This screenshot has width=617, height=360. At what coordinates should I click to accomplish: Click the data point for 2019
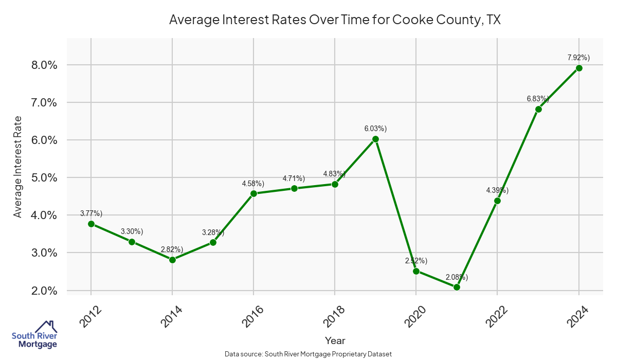[375, 139]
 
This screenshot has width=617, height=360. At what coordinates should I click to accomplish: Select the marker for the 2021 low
[457, 287]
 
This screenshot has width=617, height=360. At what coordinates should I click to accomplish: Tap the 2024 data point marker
[579, 68]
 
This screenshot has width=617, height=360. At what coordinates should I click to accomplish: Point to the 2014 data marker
[172, 260]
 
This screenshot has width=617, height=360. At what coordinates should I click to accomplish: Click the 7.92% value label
[579, 58]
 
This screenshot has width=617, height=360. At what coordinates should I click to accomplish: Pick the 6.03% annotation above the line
[376, 129]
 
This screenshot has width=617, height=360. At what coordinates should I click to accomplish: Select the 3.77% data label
[92, 213]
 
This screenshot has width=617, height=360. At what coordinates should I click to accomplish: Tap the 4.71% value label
[294, 178]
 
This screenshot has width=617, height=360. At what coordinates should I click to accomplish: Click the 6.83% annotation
[538, 98]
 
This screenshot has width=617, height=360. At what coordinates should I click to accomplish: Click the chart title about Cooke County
[335, 20]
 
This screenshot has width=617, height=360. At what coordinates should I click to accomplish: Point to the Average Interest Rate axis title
[18, 167]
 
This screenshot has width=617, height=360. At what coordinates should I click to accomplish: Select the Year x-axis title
[335, 340]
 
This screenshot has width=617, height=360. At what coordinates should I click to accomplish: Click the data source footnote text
[308, 354]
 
